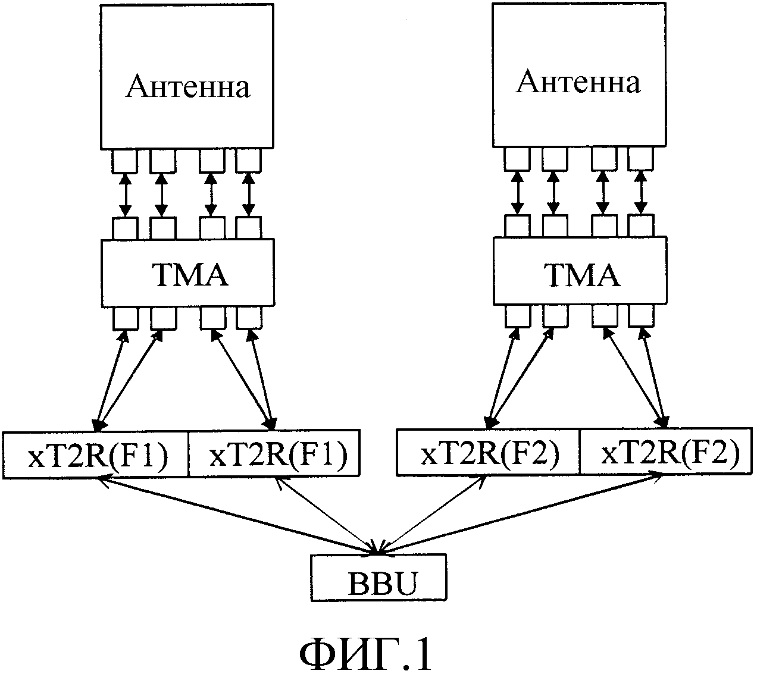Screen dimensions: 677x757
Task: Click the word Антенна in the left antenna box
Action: click(x=188, y=87)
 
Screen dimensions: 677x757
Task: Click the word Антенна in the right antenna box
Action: click(x=578, y=82)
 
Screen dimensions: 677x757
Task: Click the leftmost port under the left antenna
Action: click(x=125, y=160)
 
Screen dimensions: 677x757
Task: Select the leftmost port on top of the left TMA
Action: click(x=125, y=228)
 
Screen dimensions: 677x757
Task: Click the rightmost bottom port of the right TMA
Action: click(x=640, y=316)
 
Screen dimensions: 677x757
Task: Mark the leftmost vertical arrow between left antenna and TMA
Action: click(x=125, y=195)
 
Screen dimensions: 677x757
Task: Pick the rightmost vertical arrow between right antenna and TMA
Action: click(x=641, y=193)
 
